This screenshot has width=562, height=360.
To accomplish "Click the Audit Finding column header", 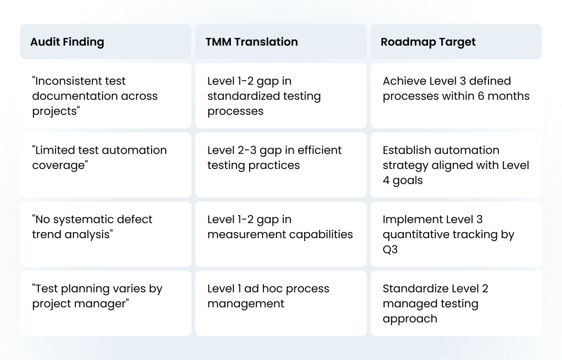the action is [x=67, y=42].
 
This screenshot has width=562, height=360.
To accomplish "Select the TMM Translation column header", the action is [x=251, y=42].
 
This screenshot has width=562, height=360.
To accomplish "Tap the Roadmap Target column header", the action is [x=428, y=42].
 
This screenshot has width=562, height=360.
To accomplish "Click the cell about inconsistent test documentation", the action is [x=105, y=95].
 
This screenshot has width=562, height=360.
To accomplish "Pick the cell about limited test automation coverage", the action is [x=105, y=165].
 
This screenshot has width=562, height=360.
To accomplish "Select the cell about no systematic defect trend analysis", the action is [x=105, y=234].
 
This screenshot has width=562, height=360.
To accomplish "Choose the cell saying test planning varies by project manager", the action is [x=105, y=303].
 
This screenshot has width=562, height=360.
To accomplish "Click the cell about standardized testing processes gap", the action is [x=280, y=95].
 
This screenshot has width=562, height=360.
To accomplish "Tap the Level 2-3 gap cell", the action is [x=280, y=165].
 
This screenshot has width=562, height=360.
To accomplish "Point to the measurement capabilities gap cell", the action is [x=280, y=234].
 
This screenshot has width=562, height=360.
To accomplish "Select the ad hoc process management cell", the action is [x=280, y=303].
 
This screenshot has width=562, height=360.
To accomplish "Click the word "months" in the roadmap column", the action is [x=509, y=96].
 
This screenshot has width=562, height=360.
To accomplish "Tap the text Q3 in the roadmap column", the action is [x=390, y=250].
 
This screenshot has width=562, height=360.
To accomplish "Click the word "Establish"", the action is [x=405, y=150].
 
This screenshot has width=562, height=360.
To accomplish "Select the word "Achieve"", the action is [x=400, y=81].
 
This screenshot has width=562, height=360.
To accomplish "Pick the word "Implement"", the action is [x=409, y=220].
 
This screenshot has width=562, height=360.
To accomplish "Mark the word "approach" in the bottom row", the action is [x=410, y=319].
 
